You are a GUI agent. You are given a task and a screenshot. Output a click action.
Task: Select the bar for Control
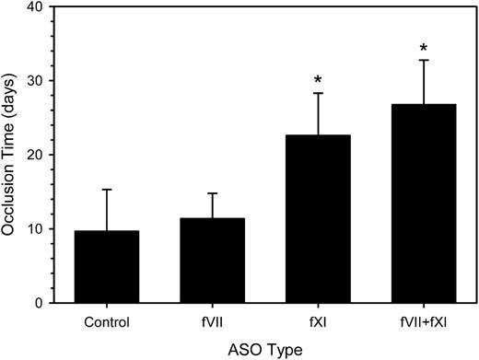[x=107, y=267]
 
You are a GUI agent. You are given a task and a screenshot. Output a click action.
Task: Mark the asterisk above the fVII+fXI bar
[x=424, y=49]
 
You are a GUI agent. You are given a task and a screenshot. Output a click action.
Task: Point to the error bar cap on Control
[x=107, y=190]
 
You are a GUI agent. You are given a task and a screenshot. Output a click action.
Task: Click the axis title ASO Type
[x=265, y=348]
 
